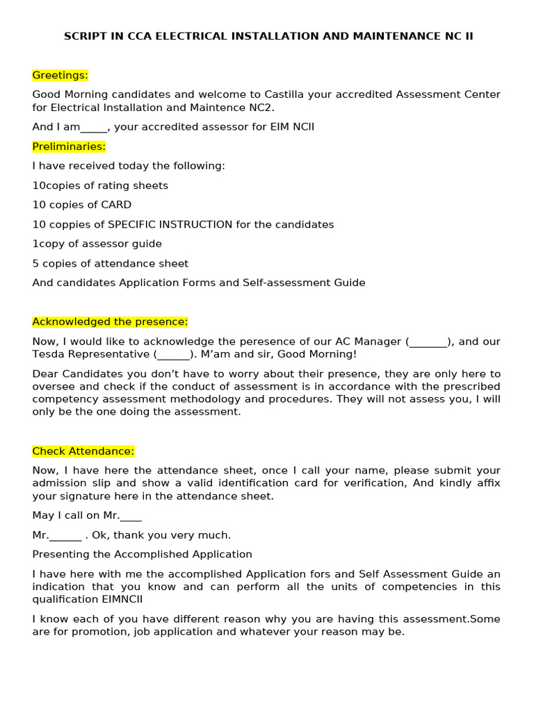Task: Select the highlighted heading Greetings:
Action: click(60, 75)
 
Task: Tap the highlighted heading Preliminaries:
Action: click(69, 147)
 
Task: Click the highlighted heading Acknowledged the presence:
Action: click(110, 322)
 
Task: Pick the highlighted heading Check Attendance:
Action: click(83, 451)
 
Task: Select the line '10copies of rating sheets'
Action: click(100, 186)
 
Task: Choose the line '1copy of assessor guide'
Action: click(97, 244)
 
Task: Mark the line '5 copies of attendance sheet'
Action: click(110, 264)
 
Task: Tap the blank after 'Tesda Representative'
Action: click(173, 355)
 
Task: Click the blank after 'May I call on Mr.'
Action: click(131, 516)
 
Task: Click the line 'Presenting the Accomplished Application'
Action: click(142, 555)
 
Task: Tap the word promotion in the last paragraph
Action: click(89, 633)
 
